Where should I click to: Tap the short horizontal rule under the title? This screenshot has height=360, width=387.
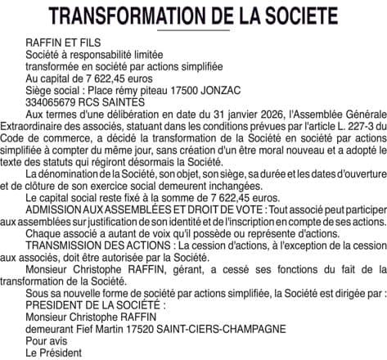click(193, 30)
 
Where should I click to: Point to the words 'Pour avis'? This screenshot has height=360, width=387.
click(46, 340)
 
